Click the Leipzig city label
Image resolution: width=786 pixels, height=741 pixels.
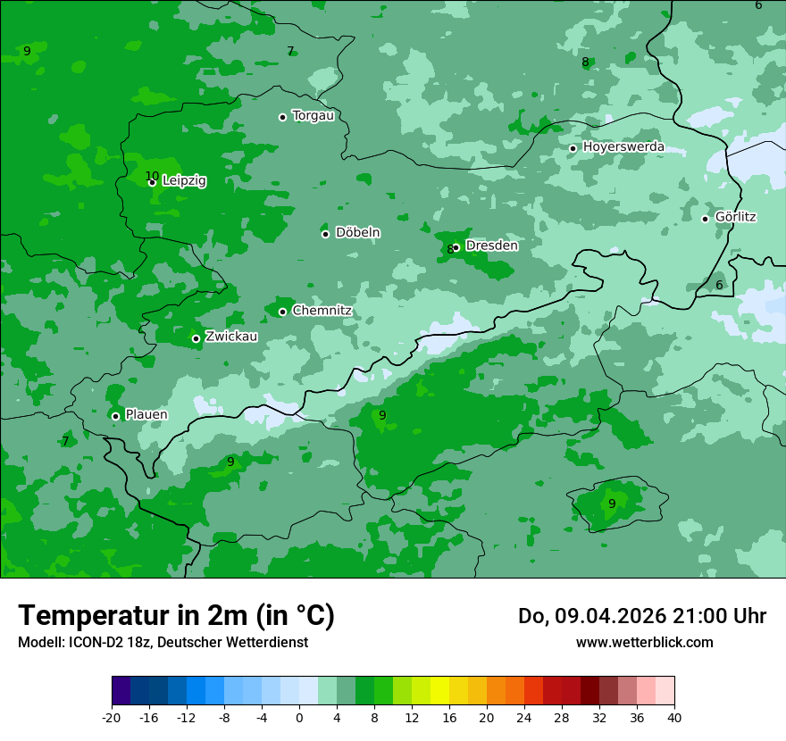(x=184, y=180)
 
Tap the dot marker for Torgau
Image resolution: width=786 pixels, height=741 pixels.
(x=282, y=117)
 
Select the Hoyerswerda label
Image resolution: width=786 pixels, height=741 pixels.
(x=623, y=146)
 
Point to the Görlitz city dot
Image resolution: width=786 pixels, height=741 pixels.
(x=705, y=219)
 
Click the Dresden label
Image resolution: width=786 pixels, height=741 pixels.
(x=491, y=245)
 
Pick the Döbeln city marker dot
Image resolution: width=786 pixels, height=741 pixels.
(x=325, y=234)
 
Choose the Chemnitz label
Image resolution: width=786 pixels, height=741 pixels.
(x=322, y=311)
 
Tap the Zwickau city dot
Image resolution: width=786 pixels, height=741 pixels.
(x=196, y=338)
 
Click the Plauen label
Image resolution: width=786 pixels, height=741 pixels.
(x=146, y=414)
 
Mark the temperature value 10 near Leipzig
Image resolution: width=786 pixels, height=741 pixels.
(x=152, y=176)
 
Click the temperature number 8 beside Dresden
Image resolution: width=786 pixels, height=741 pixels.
(x=450, y=250)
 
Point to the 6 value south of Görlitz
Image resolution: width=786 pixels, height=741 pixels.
(x=719, y=285)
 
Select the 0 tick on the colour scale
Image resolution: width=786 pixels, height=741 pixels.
(x=299, y=717)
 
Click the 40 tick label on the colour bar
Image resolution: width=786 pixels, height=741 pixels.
(x=674, y=717)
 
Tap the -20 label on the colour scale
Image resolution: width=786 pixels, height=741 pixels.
(x=112, y=717)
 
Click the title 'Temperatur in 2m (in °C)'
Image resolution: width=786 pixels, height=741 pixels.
(x=177, y=615)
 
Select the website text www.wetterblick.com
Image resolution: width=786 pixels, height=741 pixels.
(x=644, y=642)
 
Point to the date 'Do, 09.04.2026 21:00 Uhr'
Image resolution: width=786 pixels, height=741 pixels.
(x=642, y=616)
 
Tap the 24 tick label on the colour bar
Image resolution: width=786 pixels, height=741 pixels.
(x=524, y=717)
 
